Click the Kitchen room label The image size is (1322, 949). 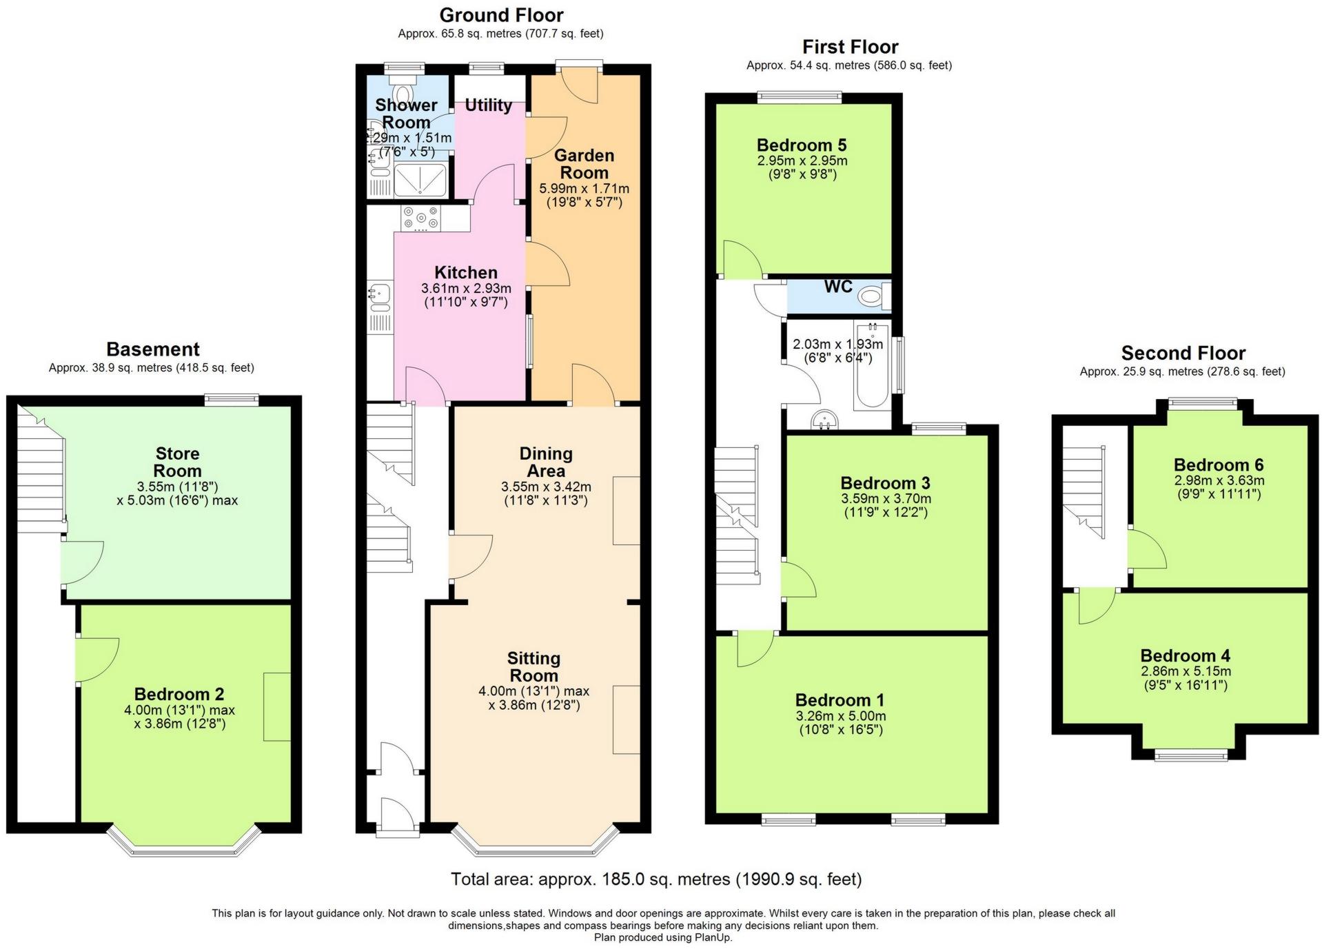coord(466,272)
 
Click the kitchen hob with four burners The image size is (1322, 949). coord(421,218)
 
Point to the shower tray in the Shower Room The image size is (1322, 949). coord(420,180)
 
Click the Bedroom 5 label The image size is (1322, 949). coord(802,145)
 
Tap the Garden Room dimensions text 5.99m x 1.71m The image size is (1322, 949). coord(584,189)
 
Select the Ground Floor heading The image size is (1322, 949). coord(501,15)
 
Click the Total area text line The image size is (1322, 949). coord(656,879)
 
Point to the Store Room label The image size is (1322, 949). coord(178,462)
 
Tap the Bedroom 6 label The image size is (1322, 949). coord(1219,465)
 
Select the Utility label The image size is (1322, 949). coord(488,105)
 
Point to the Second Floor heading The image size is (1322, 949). coord(1183,354)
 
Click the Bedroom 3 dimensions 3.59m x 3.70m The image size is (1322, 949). coord(886,498)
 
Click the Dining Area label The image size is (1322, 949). coord(546,462)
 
